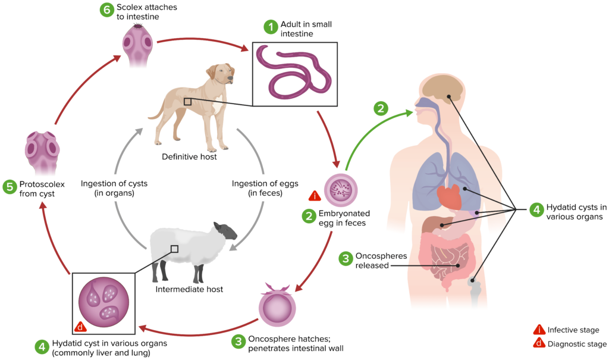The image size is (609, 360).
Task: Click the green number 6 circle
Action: click(x=107, y=10)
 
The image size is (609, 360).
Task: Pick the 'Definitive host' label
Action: click(x=189, y=157)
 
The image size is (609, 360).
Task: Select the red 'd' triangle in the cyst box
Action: click(x=81, y=326)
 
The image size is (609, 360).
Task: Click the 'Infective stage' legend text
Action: click(x=573, y=330)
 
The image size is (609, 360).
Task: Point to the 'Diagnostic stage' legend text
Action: click(x=577, y=343)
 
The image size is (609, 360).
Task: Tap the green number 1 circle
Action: click(x=271, y=27)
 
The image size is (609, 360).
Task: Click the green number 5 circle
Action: click(x=9, y=187)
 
